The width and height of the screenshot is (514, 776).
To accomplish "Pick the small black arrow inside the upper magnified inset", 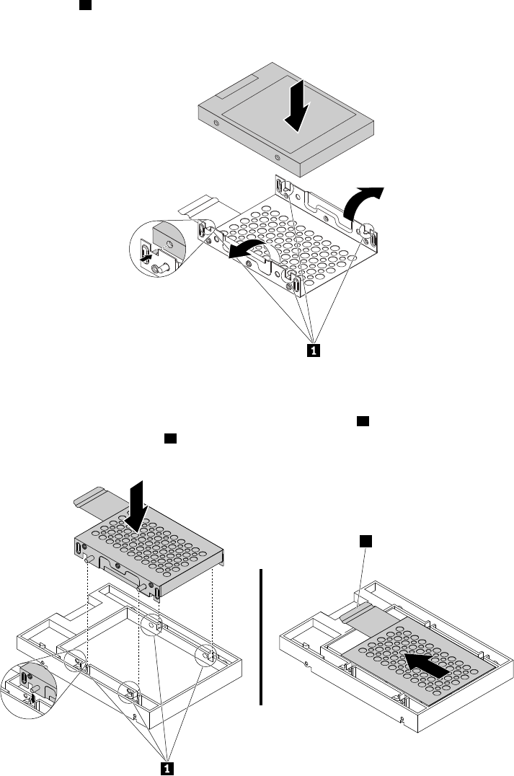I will [x=146, y=255].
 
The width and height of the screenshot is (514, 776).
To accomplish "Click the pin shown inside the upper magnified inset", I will [x=161, y=268].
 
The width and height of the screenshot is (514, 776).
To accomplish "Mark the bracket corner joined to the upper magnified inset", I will [x=204, y=229].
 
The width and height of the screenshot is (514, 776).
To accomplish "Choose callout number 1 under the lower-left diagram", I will [x=166, y=768].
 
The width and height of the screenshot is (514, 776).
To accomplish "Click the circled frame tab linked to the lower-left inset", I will [x=77, y=661].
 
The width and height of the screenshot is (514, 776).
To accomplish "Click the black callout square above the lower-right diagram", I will [x=365, y=540].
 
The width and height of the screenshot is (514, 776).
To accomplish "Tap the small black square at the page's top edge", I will [x=84, y=5].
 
